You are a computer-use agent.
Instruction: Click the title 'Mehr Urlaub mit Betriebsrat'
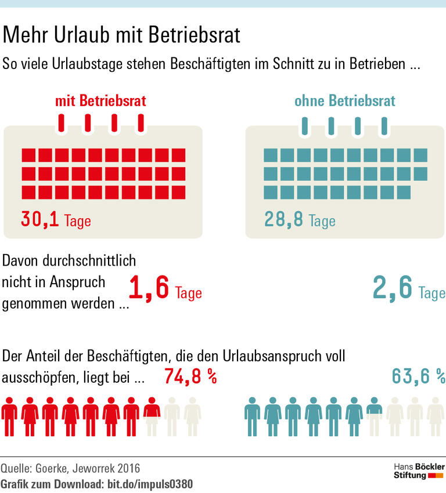click(121, 36)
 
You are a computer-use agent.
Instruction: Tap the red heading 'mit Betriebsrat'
click(100, 101)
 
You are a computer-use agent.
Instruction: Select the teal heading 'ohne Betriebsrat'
click(345, 101)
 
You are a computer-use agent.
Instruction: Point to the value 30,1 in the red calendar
click(40, 219)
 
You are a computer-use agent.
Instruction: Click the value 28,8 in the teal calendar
click(283, 219)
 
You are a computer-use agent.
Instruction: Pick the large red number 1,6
click(149, 288)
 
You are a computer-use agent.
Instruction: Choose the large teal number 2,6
click(393, 288)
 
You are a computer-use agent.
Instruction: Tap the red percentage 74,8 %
click(190, 377)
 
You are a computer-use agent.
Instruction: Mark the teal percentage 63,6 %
click(418, 377)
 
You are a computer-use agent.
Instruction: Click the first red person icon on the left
click(9, 416)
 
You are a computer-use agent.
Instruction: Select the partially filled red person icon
click(152, 416)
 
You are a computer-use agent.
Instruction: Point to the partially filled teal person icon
click(375, 416)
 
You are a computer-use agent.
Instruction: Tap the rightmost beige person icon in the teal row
click(436, 416)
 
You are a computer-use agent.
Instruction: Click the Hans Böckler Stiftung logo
click(419, 470)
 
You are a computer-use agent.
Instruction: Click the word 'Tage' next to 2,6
click(431, 292)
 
